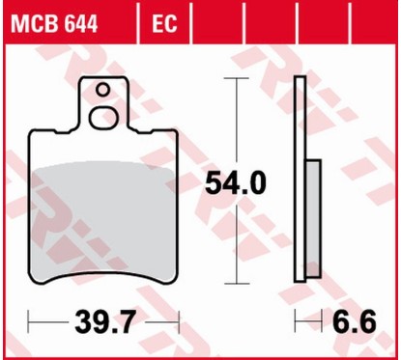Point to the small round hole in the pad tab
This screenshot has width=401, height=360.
102,91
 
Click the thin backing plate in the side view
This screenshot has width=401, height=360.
302,174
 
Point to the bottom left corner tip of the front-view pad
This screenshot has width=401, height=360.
34,287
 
